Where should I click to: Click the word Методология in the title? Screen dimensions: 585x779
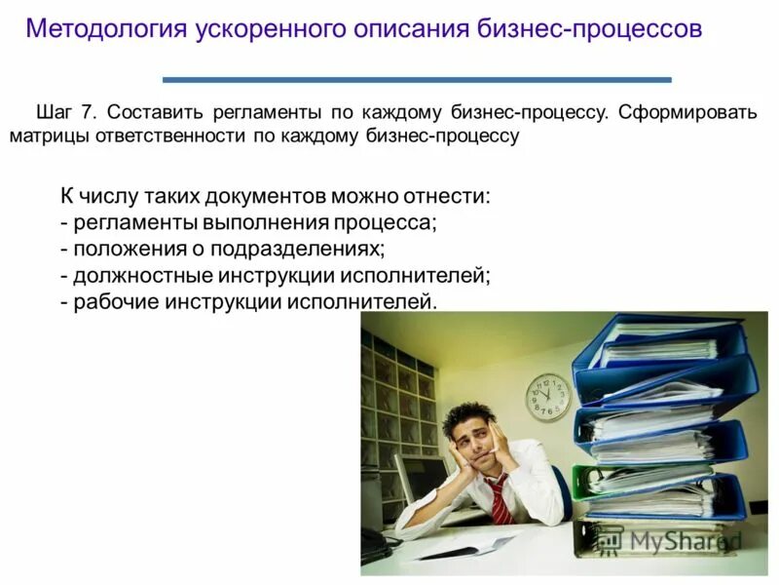(105, 27)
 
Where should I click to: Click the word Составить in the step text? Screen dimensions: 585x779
(157, 111)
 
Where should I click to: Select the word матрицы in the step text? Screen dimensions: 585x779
(48, 136)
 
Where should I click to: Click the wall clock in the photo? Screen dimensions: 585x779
(548, 397)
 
